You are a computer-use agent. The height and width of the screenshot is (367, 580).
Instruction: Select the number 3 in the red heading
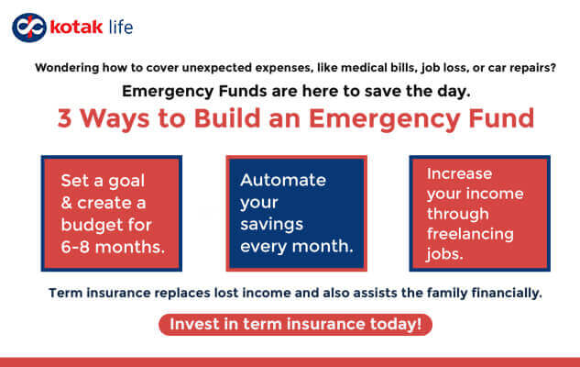click(65, 120)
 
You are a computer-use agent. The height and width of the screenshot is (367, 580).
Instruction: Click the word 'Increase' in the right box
click(459, 173)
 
